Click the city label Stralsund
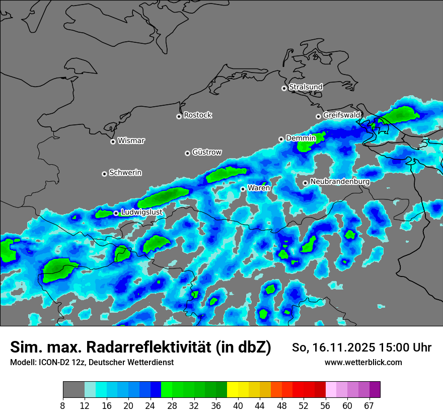pos(306,87)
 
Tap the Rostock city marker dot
pos(179,116)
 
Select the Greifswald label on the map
pos(342,115)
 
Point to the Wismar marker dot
pos(113,142)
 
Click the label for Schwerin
pos(125,173)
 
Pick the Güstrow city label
pos(207,152)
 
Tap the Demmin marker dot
pos(281,139)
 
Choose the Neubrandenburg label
pos(340,181)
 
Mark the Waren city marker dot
pos(243,189)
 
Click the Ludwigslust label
pos(141,212)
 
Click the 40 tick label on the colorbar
pos(238,406)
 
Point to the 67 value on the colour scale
pos(369,406)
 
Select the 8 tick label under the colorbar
pos(62,406)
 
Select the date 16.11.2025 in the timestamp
pos(340,347)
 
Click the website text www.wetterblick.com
pos(363,362)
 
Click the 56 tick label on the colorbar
pos(325,406)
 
